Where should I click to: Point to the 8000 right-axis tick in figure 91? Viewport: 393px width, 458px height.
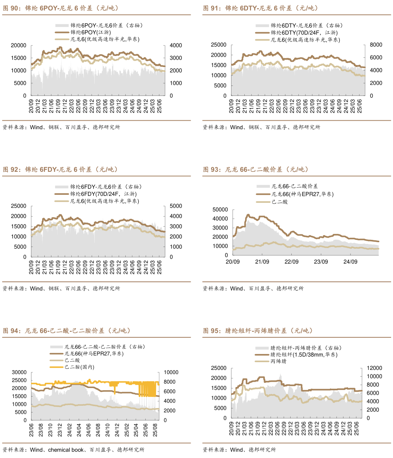pyautogui.click(x=376, y=45)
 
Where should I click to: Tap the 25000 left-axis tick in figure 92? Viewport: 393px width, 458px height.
pyautogui.click(x=19, y=206)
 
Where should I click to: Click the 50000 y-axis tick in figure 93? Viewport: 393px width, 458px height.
pyautogui.click(x=220, y=210)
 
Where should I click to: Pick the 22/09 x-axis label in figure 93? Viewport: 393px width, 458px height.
pyautogui.click(x=291, y=262)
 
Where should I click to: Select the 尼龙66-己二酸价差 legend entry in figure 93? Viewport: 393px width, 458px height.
pyautogui.click(x=295, y=186)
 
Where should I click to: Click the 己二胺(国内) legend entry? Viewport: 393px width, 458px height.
pyautogui.click(x=79, y=367)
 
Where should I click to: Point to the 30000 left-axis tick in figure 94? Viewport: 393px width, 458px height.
pyautogui.click(x=19, y=372)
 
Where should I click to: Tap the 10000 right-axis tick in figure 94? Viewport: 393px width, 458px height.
pyautogui.click(x=171, y=372)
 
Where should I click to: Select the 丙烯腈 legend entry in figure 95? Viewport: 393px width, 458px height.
pyautogui.click(x=278, y=361)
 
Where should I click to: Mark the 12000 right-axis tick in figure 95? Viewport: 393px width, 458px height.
pyautogui.click(x=374, y=368)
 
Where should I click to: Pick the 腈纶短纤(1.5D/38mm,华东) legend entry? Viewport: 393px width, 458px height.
pyautogui.click(x=304, y=354)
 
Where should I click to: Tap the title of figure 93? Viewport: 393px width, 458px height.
pyautogui.click(x=255, y=170)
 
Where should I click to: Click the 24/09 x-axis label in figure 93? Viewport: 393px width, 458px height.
pyautogui.click(x=350, y=262)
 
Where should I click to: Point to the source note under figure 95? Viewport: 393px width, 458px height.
pyautogui.click(x=239, y=450)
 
